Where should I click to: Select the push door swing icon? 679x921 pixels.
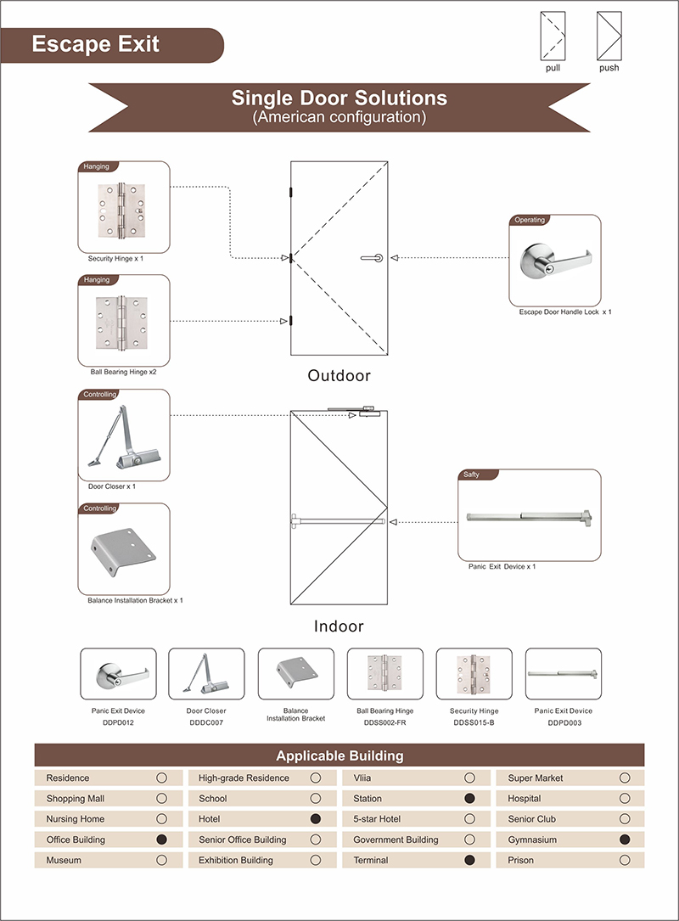coord(609,37)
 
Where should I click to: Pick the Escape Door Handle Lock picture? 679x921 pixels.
coord(555,260)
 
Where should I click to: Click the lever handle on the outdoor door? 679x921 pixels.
coord(371,257)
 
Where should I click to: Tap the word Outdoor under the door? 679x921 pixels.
coord(339,375)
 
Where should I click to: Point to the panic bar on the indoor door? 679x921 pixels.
coord(339,519)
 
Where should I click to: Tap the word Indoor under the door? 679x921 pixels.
coord(339,626)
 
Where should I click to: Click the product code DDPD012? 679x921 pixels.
coord(118,722)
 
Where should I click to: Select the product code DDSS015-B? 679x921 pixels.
coord(474,722)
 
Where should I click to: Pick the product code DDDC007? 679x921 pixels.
coord(206,722)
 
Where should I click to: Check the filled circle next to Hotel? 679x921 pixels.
coord(316,819)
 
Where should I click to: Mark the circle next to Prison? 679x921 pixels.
coord(625,860)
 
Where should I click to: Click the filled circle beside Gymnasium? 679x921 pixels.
coord(625,840)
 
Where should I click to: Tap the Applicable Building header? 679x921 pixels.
coord(339,755)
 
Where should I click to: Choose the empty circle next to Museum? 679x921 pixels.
coord(161,860)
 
